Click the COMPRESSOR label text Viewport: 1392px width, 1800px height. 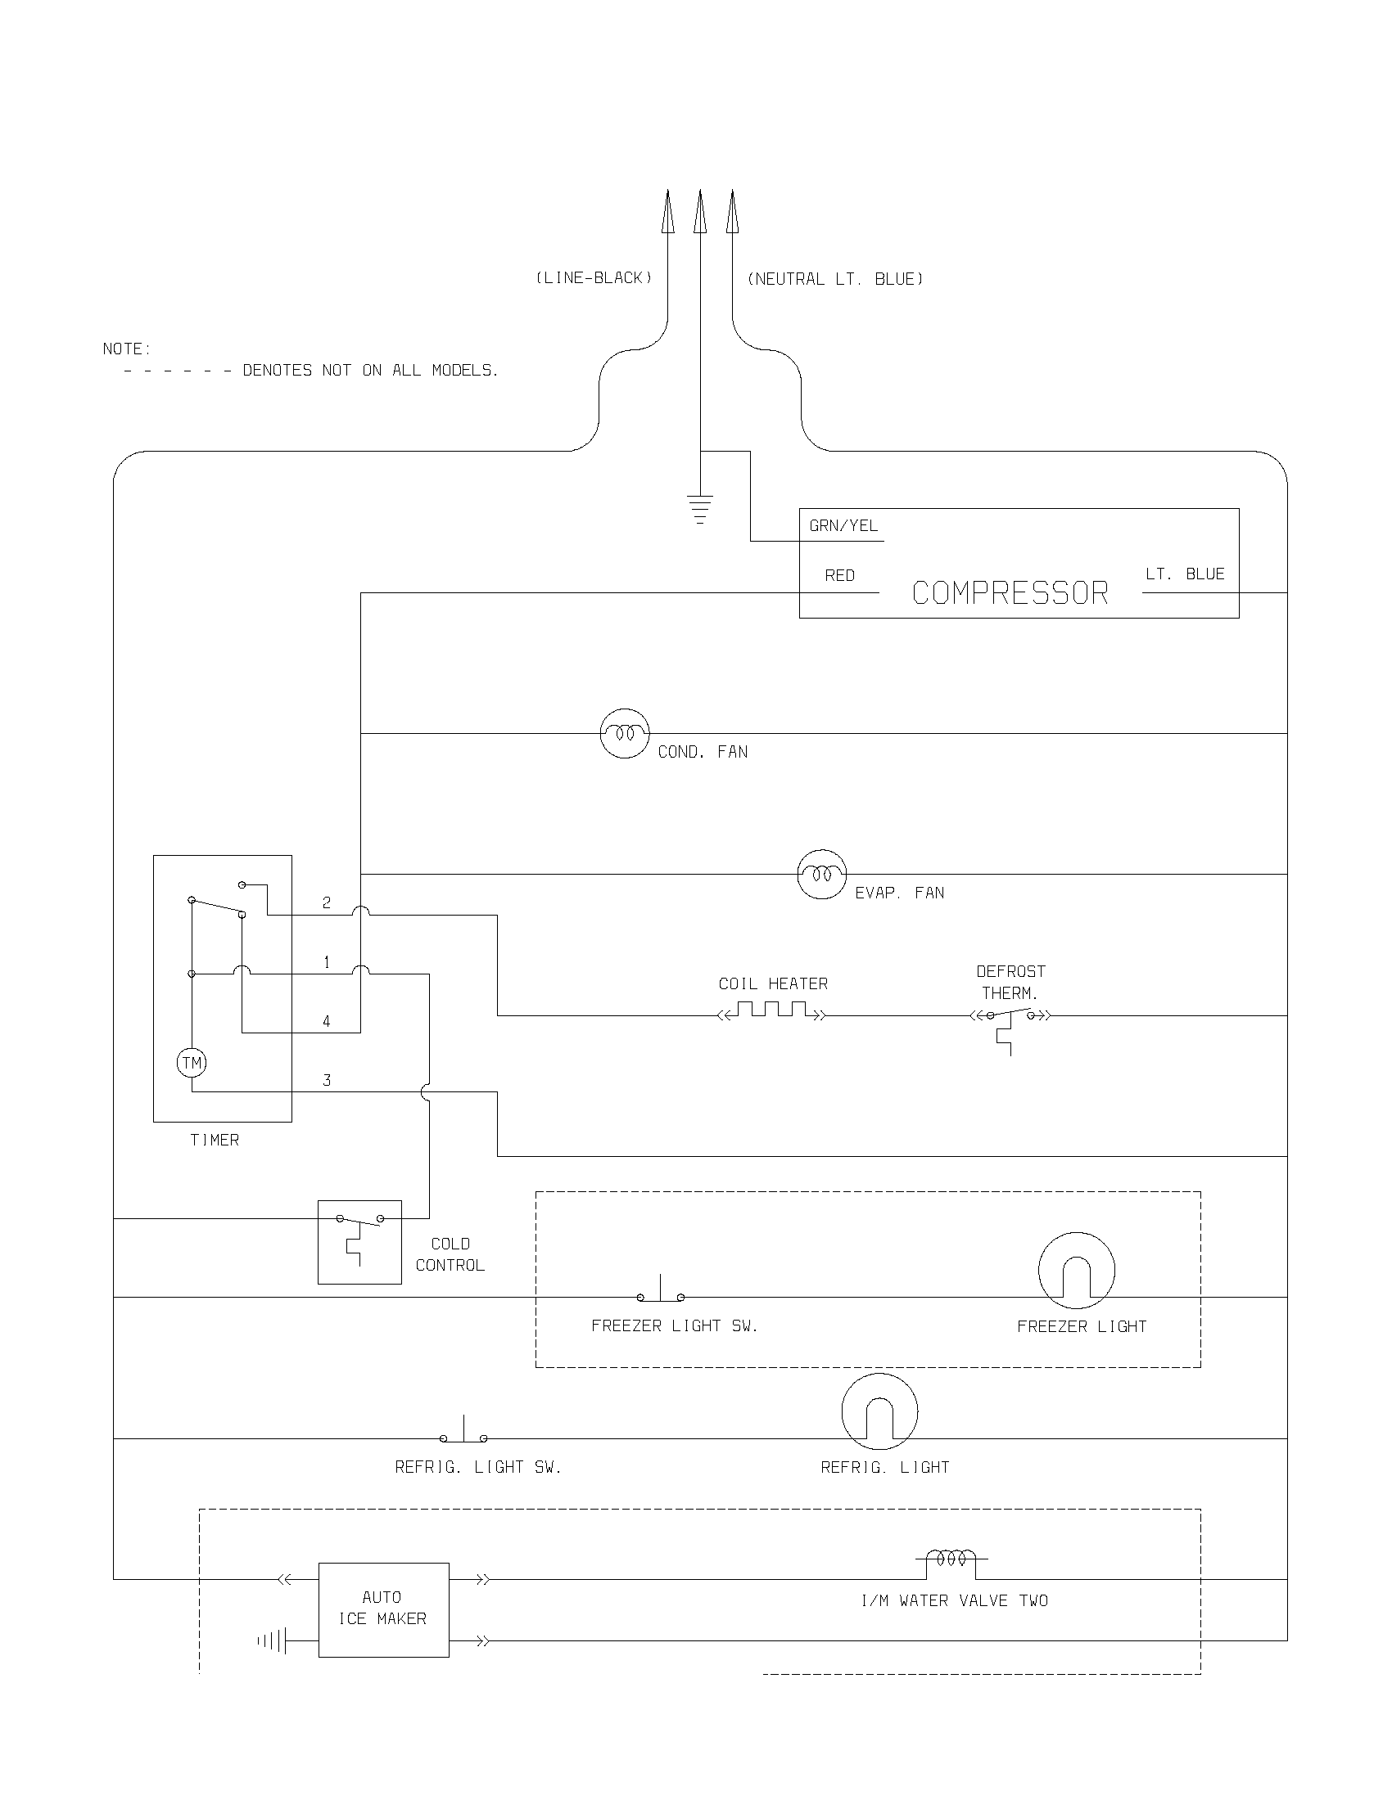[1010, 593]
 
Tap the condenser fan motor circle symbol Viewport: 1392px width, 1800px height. [624, 733]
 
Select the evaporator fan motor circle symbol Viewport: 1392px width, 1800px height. [821, 874]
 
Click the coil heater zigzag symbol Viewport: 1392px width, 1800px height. [772, 1010]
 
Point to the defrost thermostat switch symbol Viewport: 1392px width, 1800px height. [1010, 1019]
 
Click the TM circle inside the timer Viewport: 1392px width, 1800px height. [192, 1062]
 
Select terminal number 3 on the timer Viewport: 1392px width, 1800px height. [327, 1080]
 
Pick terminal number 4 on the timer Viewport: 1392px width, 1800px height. [327, 1021]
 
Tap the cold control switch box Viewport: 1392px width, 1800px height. [359, 1242]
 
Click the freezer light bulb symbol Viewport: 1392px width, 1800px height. [1076, 1270]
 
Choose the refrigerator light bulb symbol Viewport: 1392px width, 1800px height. [879, 1411]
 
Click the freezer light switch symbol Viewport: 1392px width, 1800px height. [661, 1291]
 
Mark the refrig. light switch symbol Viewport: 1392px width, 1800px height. [463, 1433]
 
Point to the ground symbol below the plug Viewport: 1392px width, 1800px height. [699, 509]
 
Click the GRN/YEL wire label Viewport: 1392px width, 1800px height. [843, 526]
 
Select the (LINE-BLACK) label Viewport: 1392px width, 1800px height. [594, 277]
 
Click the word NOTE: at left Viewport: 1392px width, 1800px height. [127, 349]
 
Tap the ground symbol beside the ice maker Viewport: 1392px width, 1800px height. [273, 1640]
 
